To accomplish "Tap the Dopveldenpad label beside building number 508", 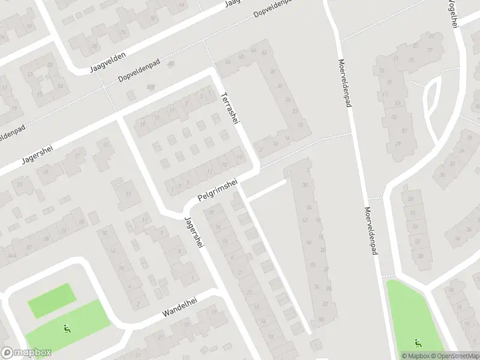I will coord(143,71).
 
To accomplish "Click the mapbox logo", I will coord(26,353).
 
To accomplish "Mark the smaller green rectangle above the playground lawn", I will coord(53,299).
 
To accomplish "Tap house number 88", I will coord(322,319).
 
